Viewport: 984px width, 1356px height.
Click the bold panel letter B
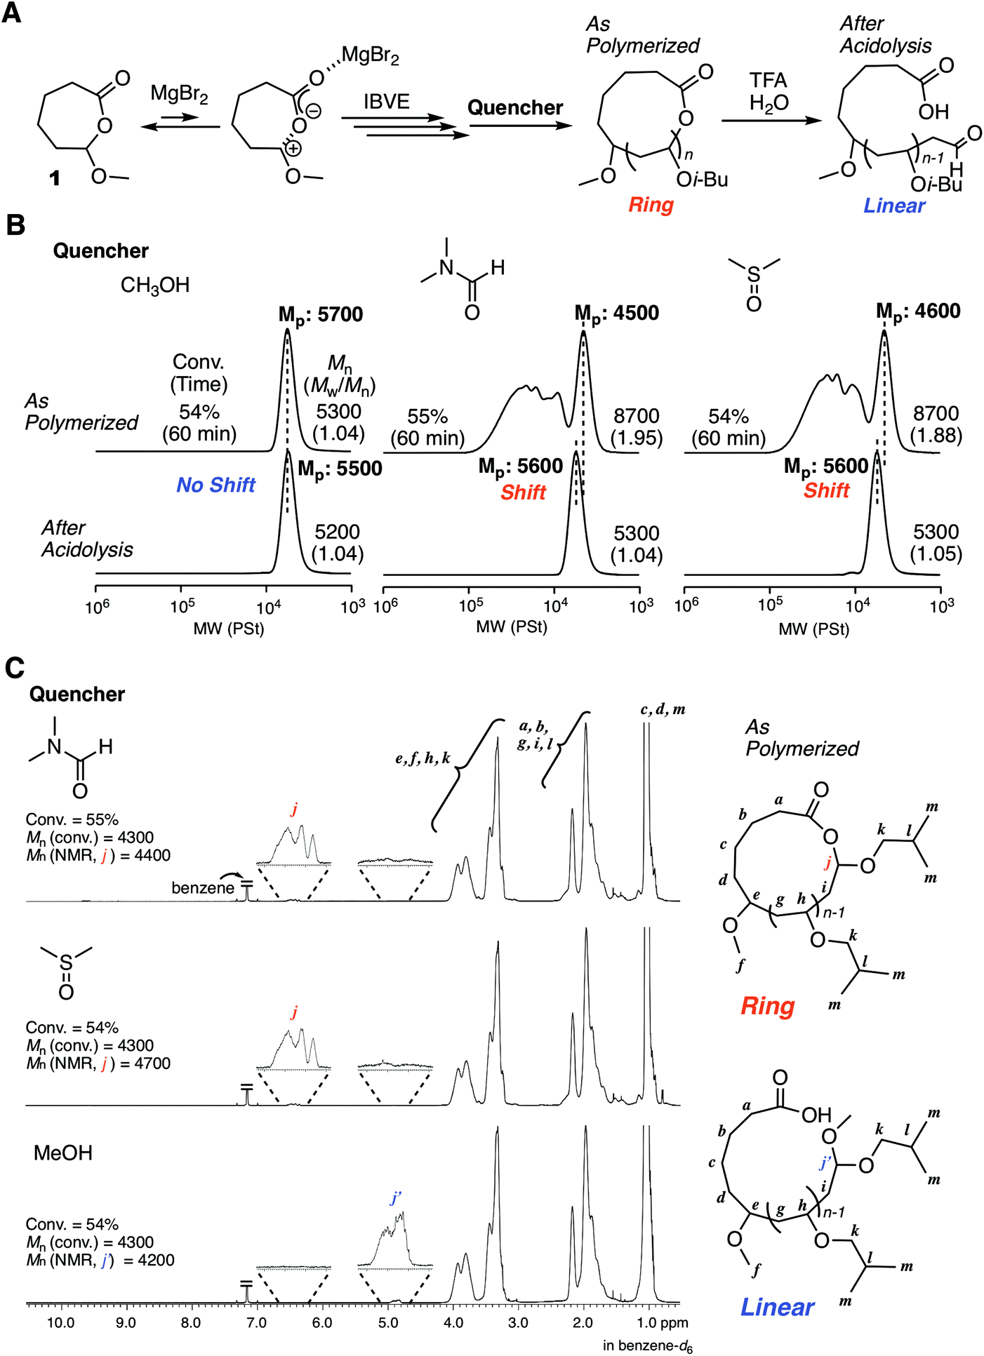click(x=15, y=225)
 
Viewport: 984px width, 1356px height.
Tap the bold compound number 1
click(x=54, y=178)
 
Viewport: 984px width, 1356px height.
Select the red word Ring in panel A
click(x=651, y=205)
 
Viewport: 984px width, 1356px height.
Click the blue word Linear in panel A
click(x=893, y=206)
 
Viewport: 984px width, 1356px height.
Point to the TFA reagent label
click(x=768, y=80)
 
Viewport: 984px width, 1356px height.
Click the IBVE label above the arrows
click(x=386, y=102)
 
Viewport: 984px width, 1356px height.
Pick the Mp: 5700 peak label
click(x=321, y=315)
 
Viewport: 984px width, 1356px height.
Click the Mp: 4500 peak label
click(x=617, y=314)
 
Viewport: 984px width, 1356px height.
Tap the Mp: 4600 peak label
click(x=918, y=311)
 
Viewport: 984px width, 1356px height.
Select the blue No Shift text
click(x=215, y=485)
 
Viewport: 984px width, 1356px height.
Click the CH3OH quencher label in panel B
click(x=155, y=286)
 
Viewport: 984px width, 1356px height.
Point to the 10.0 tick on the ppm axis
click(x=61, y=1323)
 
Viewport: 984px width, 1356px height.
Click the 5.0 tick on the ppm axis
click(x=387, y=1323)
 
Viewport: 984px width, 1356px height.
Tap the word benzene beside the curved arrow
click(x=203, y=887)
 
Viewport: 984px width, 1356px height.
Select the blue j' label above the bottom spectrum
click(x=396, y=1198)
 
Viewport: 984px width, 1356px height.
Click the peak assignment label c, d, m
click(x=663, y=709)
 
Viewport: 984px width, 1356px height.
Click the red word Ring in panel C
click(x=767, y=1007)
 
